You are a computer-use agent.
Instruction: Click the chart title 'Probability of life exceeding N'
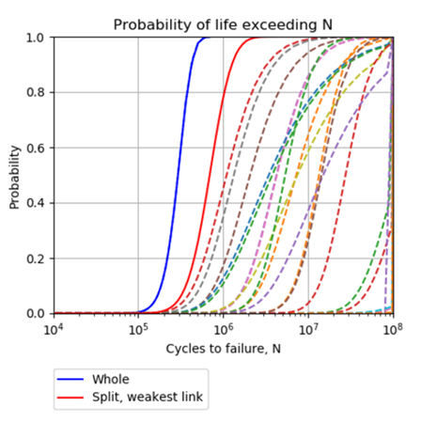click(223, 23)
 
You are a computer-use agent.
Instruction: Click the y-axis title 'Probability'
click(15, 176)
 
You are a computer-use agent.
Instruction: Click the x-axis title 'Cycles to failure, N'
click(223, 349)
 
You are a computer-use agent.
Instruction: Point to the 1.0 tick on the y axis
click(36, 38)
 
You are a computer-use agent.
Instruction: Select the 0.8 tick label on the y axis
click(36, 93)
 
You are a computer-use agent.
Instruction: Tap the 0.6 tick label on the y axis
click(36, 148)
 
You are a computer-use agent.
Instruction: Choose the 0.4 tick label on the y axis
click(36, 203)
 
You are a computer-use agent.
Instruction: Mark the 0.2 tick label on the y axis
click(36, 258)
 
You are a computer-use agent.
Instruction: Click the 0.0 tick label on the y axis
click(36, 313)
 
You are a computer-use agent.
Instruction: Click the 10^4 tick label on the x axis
click(54, 330)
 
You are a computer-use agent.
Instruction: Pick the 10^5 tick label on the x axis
click(138, 330)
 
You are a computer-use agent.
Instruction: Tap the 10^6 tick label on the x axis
click(223, 330)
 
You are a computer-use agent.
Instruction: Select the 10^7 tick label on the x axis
click(307, 330)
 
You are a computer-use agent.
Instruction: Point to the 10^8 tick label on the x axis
click(392, 330)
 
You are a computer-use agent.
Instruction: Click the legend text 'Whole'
click(110, 379)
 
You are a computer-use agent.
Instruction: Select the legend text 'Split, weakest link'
click(147, 398)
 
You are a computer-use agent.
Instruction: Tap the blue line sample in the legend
click(72, 379)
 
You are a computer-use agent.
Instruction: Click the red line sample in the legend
click(72, 398)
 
